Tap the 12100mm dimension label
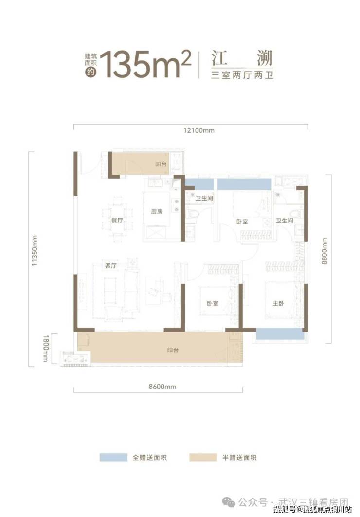198,130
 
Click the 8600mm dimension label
162,387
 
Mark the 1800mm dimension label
45,348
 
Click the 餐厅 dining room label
117,221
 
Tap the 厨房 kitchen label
157,212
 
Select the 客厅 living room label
111,266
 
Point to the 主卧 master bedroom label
278,303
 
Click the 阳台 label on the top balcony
161,164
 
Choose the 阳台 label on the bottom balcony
173,350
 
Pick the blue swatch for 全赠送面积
113,457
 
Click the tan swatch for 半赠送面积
203,457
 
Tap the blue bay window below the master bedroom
280,334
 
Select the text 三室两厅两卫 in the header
242,75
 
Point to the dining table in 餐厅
117,220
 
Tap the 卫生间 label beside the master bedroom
284,221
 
